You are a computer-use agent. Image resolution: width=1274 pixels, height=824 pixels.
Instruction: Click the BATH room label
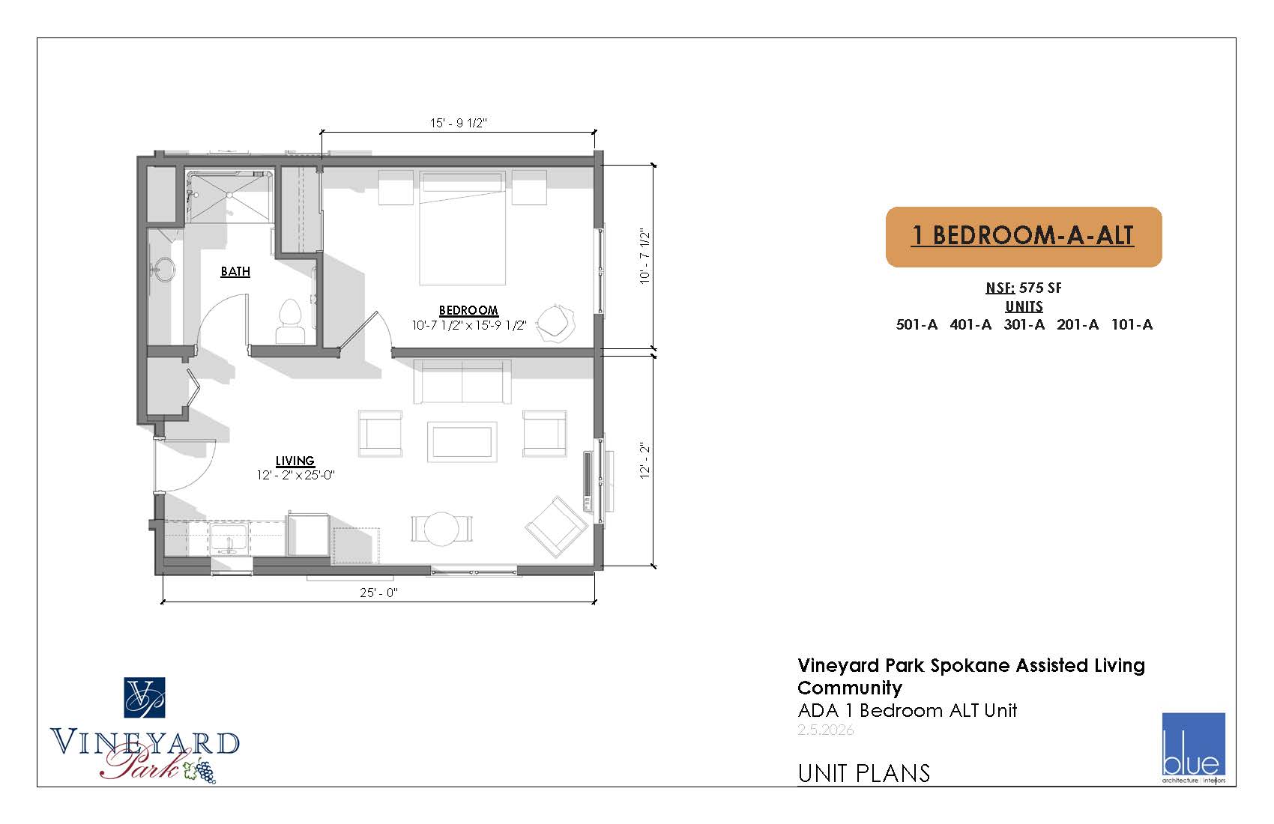(x=235, y=271)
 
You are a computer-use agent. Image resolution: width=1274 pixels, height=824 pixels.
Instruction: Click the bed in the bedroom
(x=462, y=228)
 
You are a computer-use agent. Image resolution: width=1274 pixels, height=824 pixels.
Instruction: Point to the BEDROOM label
(x=468, y=310)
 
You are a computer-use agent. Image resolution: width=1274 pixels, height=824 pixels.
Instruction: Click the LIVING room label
(x=295, y=461)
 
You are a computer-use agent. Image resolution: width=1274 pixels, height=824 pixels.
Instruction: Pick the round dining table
(x=441, y=529)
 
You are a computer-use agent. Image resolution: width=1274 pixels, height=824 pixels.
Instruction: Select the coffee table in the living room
(x=462, y=442)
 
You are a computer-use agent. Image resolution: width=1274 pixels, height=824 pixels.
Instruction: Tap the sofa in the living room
(x=462, y=381)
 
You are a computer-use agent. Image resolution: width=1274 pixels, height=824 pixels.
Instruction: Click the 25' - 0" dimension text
(x=378, y=593)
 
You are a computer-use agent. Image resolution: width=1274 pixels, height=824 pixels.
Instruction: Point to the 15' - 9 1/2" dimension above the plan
(x=459, y=123)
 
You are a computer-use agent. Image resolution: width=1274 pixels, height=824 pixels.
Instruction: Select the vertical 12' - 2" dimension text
(x=644, y=460)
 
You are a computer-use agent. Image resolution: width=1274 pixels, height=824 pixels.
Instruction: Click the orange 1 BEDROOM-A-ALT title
(x=1023, y=236)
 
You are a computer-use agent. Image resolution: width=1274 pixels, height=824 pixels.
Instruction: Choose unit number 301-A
(x=1024, y=324)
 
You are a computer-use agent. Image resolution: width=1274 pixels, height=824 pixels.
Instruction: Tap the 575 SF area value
(x=1040, y=288)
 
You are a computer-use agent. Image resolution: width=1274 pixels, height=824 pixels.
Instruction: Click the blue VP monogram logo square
(x=145, y=697)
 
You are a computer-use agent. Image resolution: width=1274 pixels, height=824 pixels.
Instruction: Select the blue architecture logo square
(x=1193, y=744)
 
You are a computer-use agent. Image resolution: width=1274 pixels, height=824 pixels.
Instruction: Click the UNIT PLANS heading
(x=863, y=773)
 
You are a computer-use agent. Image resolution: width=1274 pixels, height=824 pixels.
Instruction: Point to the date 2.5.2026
(x=825, y=730)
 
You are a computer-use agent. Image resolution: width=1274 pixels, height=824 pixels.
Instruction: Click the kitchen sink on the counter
(x=229, y=538)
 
